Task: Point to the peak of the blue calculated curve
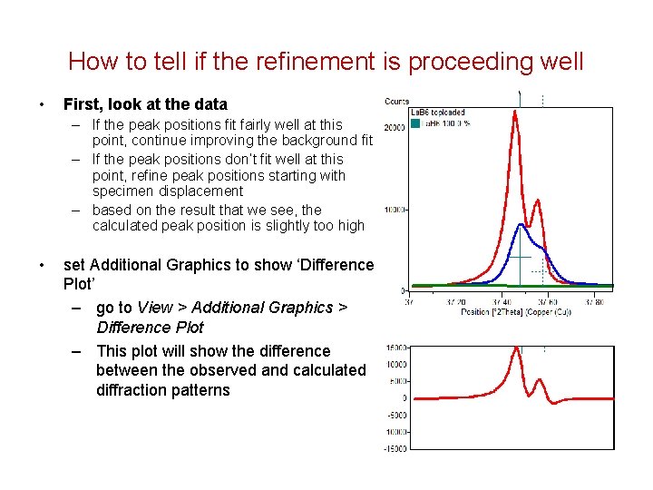pyautogui.click(x=521, y=225)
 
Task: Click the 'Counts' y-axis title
pyautogui.click(x=397, y=102)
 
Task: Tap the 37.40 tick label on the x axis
pyautogui.click(x=502, y=302)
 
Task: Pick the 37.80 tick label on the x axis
pyautogui.click(x=594, y=302)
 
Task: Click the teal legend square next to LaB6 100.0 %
pyautogui.click(x=415, y=123)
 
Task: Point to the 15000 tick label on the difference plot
pyautogui.click(x=395, y=348)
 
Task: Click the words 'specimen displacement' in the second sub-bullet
pyautogui.click(x=168, y=191)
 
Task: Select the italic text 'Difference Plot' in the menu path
pyautogui.click(x=150, y=328)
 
